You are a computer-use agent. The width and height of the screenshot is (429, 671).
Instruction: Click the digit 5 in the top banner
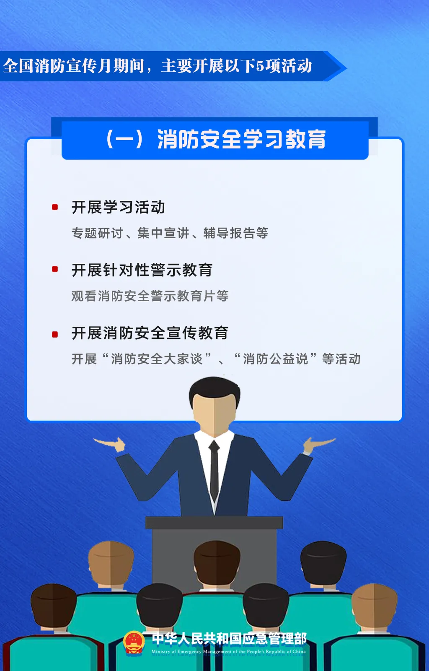(x=260, y=66)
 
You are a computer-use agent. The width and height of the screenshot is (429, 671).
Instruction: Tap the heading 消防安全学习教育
(x=241, y=139)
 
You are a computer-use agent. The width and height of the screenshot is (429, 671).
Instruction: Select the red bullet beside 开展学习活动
(x=55, y=207)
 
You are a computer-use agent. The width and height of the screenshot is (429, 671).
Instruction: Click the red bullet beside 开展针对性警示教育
(x=55, y=269)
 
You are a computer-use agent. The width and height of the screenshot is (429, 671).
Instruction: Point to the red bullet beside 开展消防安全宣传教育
(x=55, y=334)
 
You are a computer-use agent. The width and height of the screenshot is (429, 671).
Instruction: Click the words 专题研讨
(x=97, y=233)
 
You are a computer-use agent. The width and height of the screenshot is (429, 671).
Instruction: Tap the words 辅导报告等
(x=236, y=233)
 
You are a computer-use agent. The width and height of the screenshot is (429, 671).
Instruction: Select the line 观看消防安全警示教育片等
(x=150, y=296)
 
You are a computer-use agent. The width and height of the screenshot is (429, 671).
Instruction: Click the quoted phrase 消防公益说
(x=275, y=359)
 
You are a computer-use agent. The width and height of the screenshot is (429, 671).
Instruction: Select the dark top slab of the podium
(x=214, y=523)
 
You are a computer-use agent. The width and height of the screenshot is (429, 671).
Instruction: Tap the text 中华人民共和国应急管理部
(x=229, y=639)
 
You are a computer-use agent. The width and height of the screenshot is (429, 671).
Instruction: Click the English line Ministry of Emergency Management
(x=229, y=652)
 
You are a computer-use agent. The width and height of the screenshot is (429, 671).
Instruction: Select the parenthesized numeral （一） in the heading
(x=124, y=139)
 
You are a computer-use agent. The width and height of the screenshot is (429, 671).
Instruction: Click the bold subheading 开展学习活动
(x=118, y=207)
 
